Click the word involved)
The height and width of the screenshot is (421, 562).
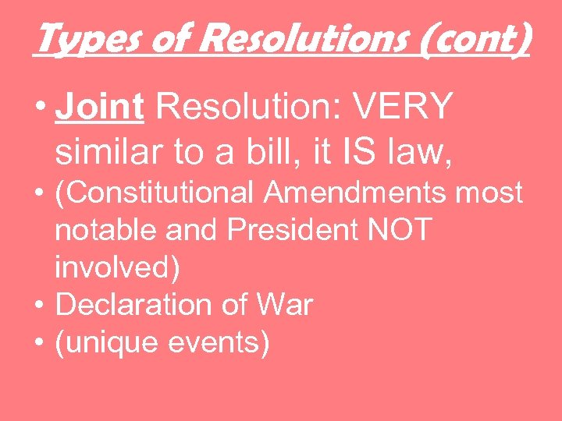point(118,269)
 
